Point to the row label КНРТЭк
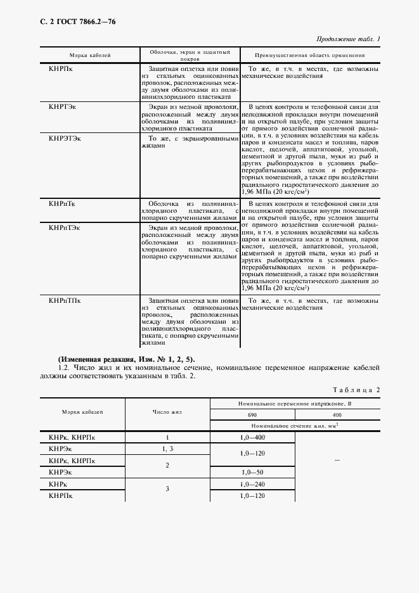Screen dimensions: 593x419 tap(63, 108)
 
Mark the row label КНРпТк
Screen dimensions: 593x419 tap(63, 203)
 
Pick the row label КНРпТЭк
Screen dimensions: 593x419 tap(65, 226)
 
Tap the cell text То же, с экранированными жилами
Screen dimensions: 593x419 tap(188, 141)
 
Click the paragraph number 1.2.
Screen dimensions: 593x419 tap(63, 367)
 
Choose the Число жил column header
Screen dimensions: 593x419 tap(167, 412)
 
